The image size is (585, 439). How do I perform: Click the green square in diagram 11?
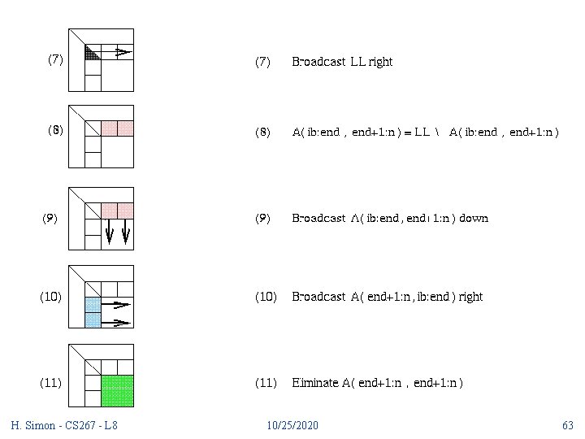pos(117,390)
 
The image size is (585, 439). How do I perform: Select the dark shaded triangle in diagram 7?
pos(91,54)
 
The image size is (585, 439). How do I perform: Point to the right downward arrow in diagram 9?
pos(126,233)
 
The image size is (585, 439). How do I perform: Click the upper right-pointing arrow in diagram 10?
pos(119,306)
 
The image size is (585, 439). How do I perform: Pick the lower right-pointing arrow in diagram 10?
pos(119,322)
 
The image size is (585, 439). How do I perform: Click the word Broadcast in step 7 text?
pos(318,62)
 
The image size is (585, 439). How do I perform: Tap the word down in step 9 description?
pos(474,218)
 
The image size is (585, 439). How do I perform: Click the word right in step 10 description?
pos(470,297)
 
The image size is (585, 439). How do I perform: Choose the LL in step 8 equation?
pos(422,133)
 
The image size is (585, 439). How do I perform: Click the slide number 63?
pos(567,425)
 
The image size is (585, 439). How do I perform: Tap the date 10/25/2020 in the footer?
pos(292,425)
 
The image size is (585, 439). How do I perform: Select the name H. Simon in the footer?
pos(32,425)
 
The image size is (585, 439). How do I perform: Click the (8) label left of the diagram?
pos(55,129)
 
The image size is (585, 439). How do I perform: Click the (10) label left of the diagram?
pos(50,297)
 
